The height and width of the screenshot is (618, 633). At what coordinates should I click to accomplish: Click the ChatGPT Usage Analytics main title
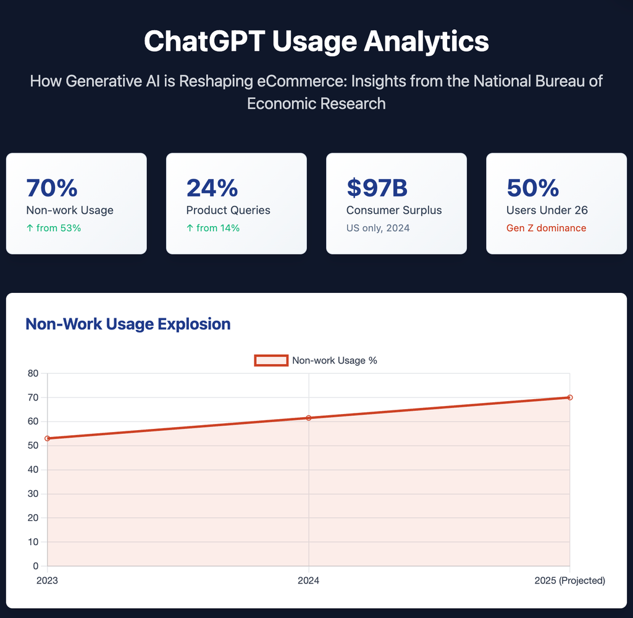pos(316,41)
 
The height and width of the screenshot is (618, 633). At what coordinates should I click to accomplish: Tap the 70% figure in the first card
pos(51,188)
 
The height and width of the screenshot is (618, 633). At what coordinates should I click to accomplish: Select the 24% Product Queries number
pos(212,188)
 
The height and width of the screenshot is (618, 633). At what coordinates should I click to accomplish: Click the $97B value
pos(377,188)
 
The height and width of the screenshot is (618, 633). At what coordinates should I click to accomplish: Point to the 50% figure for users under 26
pos(532,188)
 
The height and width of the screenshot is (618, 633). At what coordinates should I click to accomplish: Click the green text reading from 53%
pos(54,228)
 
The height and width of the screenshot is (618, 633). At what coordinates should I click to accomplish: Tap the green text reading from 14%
pos(213,228)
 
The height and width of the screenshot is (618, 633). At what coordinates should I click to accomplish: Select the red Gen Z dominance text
pos(546,228)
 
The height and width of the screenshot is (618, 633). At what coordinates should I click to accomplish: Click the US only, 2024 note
pos(377,228)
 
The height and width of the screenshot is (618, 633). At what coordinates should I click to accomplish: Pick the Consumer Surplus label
pos(394,210)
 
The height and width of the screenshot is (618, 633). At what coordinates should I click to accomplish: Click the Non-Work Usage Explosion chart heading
pos(128,324)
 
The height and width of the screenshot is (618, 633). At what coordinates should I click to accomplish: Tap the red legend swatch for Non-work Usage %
pos(271,360)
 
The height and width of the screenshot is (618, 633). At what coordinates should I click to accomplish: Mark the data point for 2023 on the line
pos(48,438)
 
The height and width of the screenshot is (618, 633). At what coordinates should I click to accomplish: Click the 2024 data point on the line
pos(309,418)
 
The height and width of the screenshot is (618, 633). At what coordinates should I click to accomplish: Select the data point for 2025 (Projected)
pos(569,397)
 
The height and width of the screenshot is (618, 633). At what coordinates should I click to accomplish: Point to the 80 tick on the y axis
pos(33,373)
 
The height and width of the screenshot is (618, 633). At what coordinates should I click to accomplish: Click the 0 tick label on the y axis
pos(35,566)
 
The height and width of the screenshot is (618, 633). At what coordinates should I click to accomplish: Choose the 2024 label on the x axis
pos(308,581)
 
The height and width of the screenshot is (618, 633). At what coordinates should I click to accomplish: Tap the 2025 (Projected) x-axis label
pos(569,581)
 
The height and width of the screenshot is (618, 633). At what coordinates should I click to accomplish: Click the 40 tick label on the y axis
pos(33,470)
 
